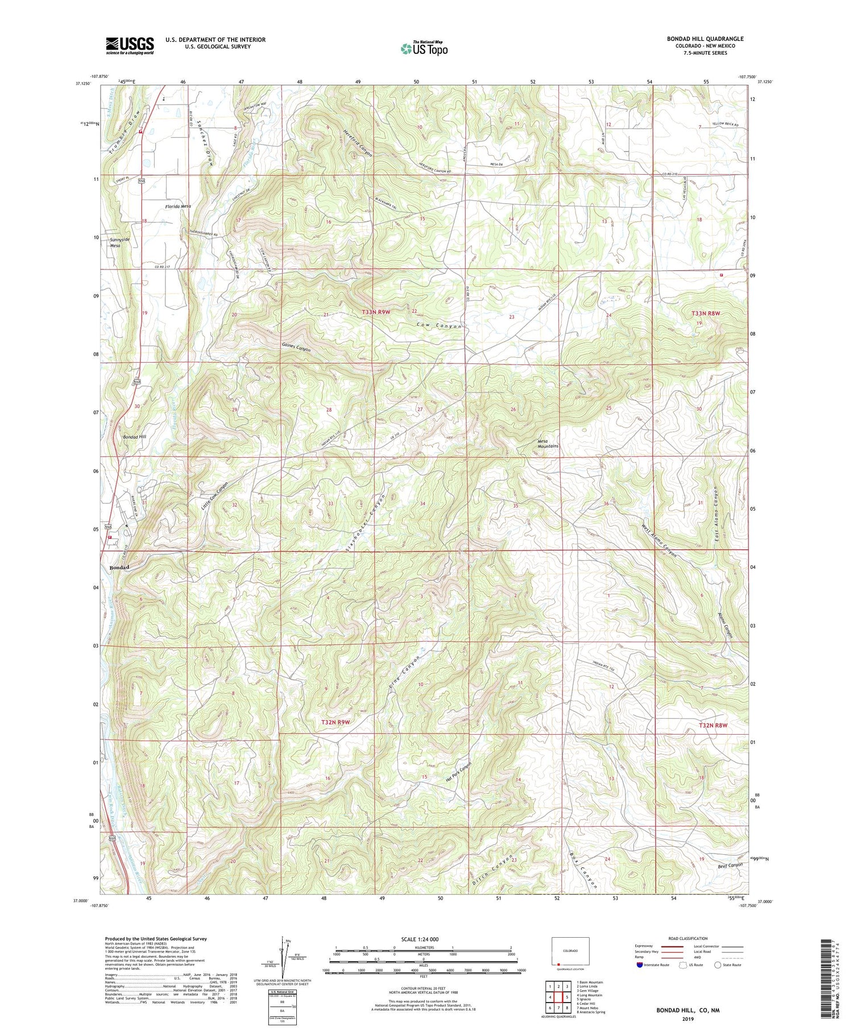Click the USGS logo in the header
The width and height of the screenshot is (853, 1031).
[130, 45]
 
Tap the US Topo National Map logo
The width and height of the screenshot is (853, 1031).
[424, 48]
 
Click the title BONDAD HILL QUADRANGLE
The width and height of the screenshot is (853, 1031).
[705, 39]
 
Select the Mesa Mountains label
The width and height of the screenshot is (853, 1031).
[548, 444]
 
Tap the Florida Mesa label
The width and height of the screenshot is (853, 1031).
[177, 206]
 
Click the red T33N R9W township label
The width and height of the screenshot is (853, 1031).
[377, 312]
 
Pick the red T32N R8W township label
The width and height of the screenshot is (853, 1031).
[713, 725]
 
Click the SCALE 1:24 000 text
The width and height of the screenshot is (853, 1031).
[424, 939]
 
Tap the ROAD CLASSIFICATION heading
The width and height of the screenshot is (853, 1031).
[688, 938]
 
